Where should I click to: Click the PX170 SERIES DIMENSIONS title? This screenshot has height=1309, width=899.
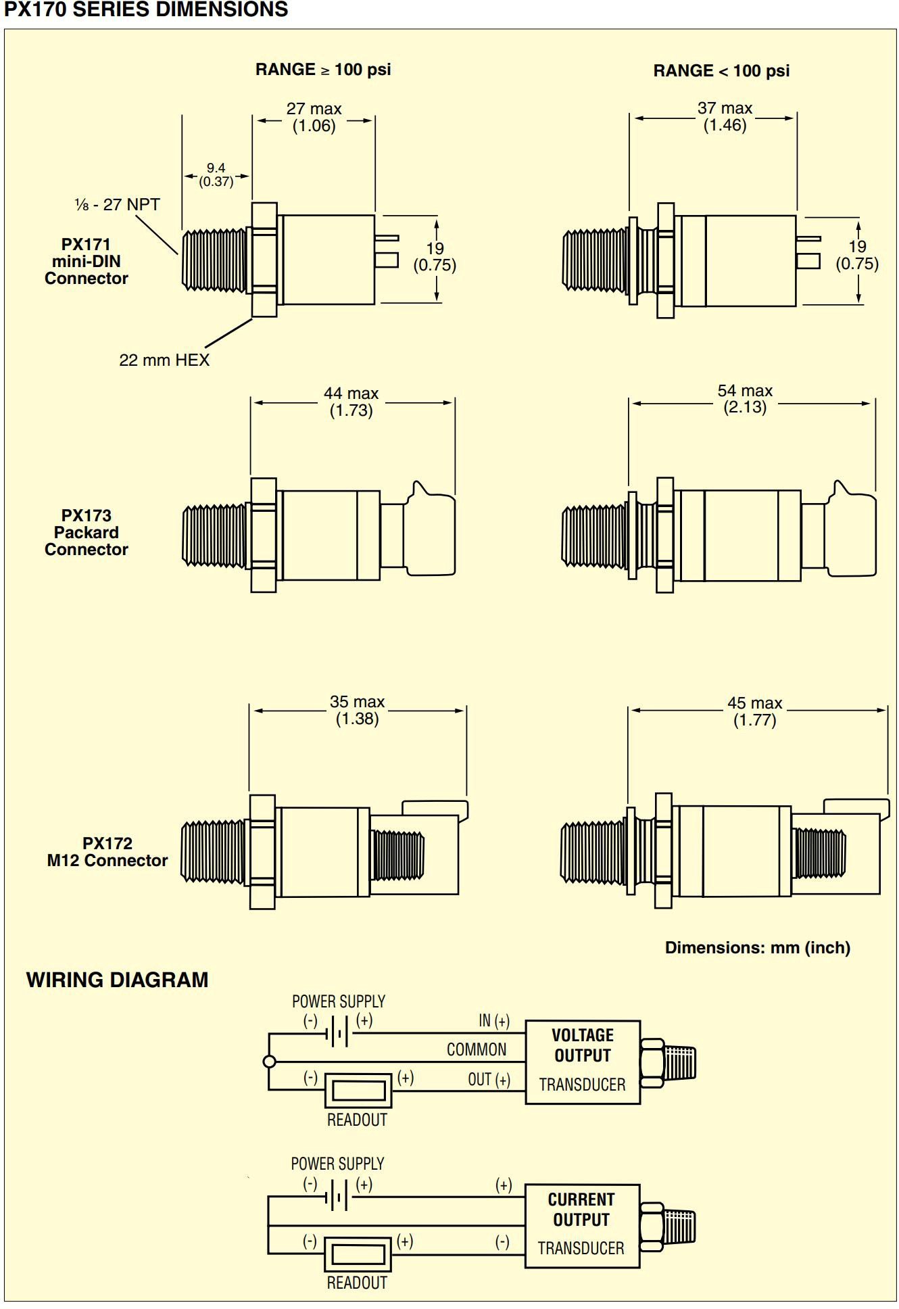(x=146, y=9)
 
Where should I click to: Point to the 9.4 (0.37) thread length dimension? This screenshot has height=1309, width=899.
(x=216, y=174)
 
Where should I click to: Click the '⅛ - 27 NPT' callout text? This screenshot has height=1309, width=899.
(x=117, y=204)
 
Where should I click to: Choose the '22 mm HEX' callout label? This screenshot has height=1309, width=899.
(x=164, y=360)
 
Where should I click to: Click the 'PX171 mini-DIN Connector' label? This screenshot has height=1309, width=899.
(x=87, y=262)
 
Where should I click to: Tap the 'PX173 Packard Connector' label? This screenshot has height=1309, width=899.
(x=87, y=532)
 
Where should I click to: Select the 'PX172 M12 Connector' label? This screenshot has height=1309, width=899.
(x=107, y=852)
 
